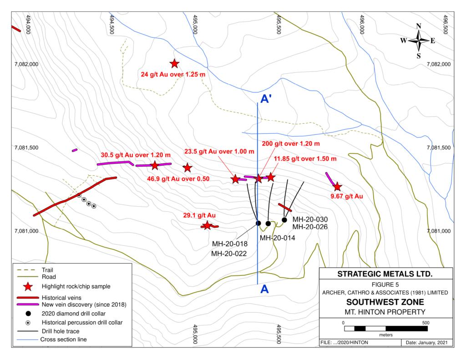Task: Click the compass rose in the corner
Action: [x=418, y=41]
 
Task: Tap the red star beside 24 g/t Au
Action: [x=174, y=64]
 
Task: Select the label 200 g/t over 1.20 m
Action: [x=291, y=144]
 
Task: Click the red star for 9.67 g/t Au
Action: [x=337, y=187]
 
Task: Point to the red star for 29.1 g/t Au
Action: [x=207, y=225]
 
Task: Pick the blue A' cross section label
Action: [x=266, y=98]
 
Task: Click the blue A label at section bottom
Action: [x=263, y=289]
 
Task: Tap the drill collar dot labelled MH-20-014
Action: [x=268, y=223]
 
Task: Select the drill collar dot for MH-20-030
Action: [x=284, y=220]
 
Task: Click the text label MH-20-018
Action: [x=229, y=244]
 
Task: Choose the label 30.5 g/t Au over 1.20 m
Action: [x=136, y=154]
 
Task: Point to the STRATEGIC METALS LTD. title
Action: [x=386, y=274]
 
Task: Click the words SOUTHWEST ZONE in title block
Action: [x=386, y=302]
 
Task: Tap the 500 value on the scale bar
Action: [x=425, y=323]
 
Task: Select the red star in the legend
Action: [x=28, y=286]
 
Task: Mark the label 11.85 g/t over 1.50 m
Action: [x=305, y=159]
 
